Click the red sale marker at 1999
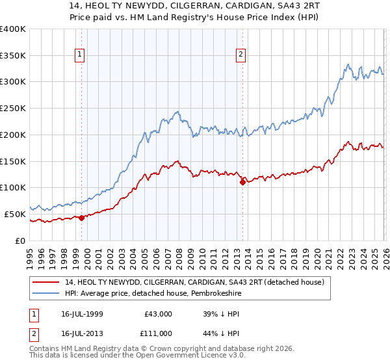coord(81,218)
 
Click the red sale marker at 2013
coord(242,182)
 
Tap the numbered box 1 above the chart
coord(80,55)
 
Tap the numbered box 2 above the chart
coord(240,55)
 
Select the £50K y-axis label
coord(16,213)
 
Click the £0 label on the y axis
coord(21,240)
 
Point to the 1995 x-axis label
coord(30,257)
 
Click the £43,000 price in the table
coord(159,313)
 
